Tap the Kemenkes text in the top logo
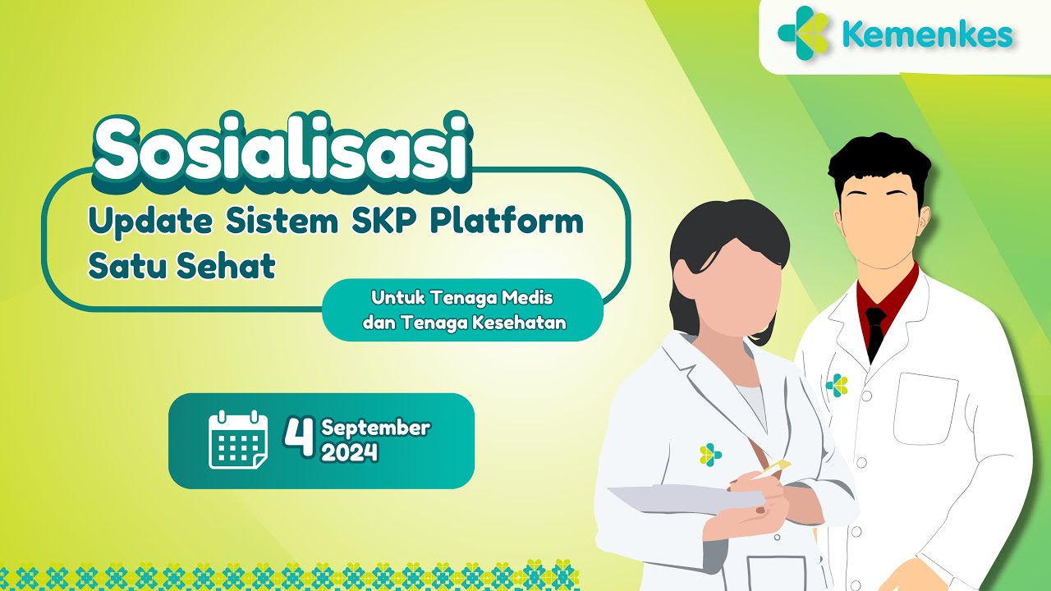[927, 35]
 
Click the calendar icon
[238, 440]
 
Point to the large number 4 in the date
[300, 437]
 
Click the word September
[375, 428]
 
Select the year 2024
[350, 451]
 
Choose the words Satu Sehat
[181, 267]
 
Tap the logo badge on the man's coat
[837, 385]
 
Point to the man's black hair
[879, 164]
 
